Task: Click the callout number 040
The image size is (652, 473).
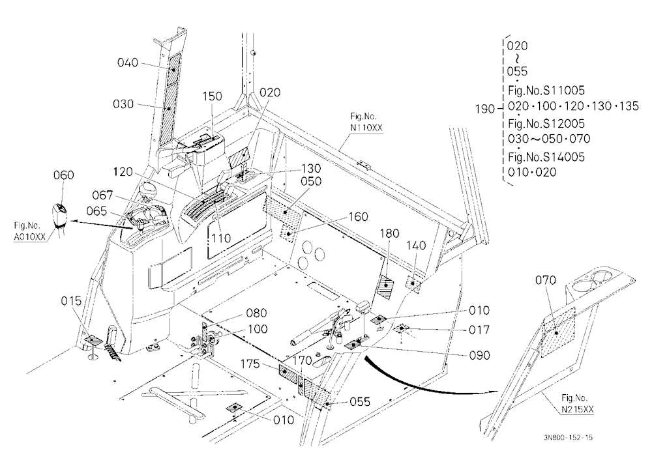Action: tap(128, 63)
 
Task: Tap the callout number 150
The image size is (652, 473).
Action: tap(212, 96)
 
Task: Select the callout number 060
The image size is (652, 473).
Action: tap(64, 175)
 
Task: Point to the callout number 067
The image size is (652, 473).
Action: tap(102, 195)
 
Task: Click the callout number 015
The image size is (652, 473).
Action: tap(71, 300)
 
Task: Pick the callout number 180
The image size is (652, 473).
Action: tap(389, 234)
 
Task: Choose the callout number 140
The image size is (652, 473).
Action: tap(416, 246)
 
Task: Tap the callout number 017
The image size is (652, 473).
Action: tap(479, 330)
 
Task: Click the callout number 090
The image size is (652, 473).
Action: tap(479, 355)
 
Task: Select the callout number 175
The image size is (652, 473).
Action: tap(250, 364)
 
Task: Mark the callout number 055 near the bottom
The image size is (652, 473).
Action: tap(360, 401)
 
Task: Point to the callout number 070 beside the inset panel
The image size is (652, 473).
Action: tap(546, 281)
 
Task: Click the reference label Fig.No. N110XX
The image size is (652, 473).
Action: tap(366, 122)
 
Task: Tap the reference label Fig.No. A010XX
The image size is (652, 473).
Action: tap(29, 231)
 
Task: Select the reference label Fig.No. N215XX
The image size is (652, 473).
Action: tap(578, 403)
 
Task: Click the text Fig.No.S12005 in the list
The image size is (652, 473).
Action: tap(546, 123)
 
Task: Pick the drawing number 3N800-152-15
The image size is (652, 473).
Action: tap(568, 437)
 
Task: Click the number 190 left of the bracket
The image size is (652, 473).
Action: tap(485, 109)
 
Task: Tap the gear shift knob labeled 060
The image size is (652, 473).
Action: tap(60, 216)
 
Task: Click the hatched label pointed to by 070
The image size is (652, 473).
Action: tap(557, 332)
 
